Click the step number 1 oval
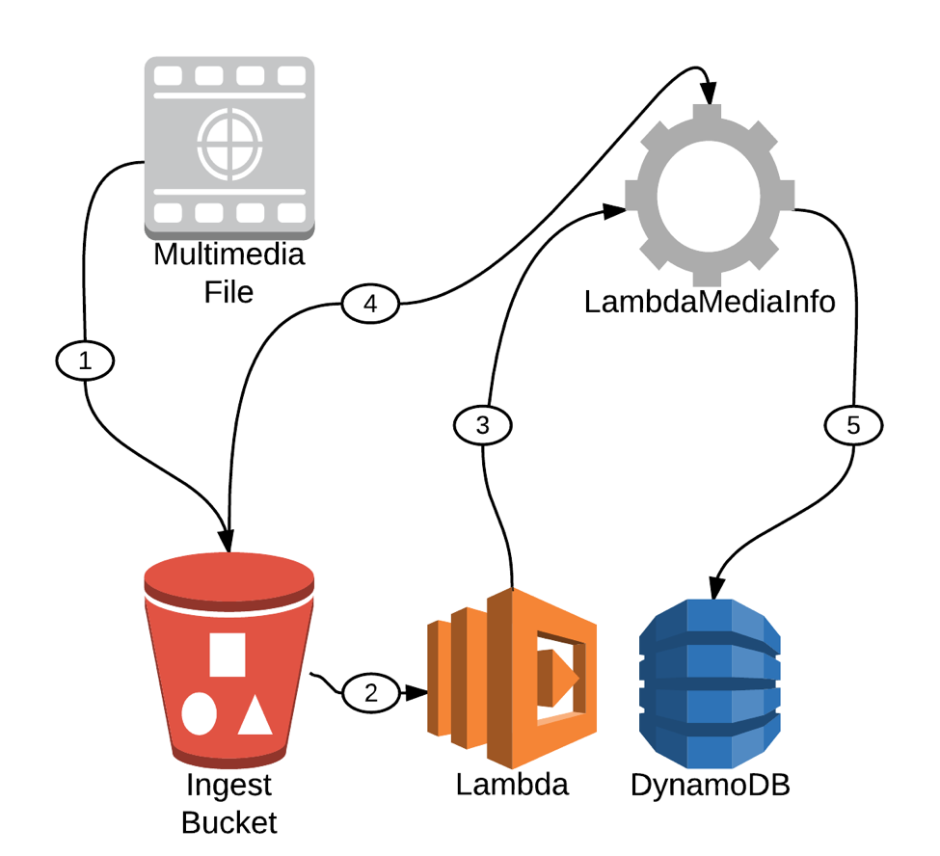coord(85,361)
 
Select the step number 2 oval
coord(371,691)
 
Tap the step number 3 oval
coord(483,425)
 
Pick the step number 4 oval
coord(370,305)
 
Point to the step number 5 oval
coord(854,424)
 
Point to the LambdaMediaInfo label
coord(710,301)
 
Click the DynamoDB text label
coord(711,785)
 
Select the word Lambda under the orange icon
coord(512,785)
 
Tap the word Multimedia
coord(229,255)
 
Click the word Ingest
coord(229,787)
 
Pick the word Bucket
coord(229,822)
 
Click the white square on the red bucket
coord(228,653)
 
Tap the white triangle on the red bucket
coord(255,714)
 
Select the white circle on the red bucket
coord(200,714)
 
